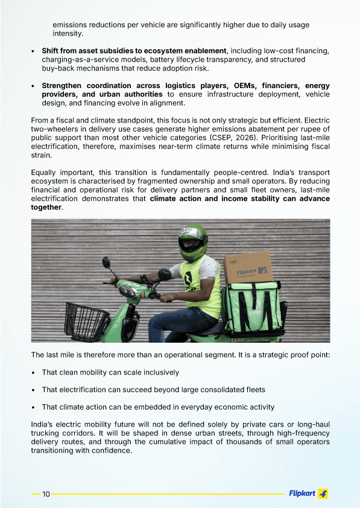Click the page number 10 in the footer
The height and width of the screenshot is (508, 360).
pyautogui.click(x=46, y=494)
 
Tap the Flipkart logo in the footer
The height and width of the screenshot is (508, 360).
pyautogui.click(x=308, y=494)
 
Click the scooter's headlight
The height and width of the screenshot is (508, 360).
pyautogui.click(x=128, y=292)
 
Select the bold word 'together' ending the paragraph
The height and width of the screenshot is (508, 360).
pyautogui.click(x=46, y=207)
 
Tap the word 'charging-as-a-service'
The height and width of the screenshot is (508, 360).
pyautogui.click(x=81, y=60)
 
